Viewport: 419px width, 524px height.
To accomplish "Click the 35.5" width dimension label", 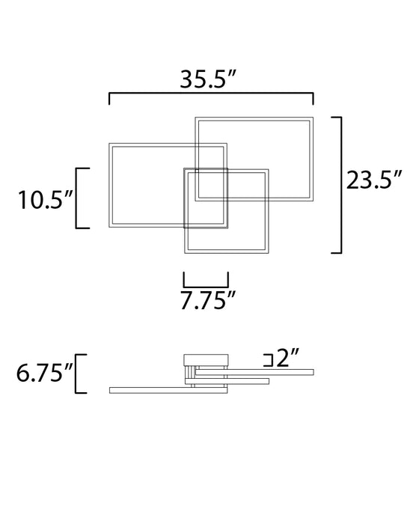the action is (x=208, y=79).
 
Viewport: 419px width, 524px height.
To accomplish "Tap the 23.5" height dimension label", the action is (x=373, y=180).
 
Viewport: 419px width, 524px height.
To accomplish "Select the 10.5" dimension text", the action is (x=45, y=200).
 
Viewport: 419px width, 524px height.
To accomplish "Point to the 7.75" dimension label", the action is (x=208, y=300).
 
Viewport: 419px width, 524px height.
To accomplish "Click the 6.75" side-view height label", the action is (x=45, y=373).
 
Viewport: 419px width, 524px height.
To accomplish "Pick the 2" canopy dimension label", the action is (x=287, y=358).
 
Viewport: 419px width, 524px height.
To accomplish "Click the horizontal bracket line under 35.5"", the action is (x=211, y=94).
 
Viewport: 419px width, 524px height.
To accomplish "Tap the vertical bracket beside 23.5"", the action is (x=340, y=185).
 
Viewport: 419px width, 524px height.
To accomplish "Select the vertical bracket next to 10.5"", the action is (x=76, y=198).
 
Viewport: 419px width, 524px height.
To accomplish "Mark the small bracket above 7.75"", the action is (x=206, y=287).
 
